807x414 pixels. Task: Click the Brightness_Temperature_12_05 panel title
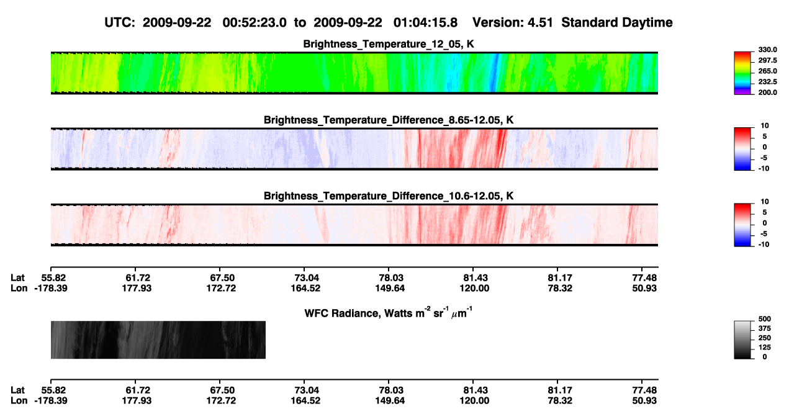[389, 44]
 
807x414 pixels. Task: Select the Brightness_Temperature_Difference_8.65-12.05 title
[389, 120]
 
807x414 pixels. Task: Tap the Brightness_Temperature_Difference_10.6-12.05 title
[389, 196]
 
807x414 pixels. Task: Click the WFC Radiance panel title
[389, 313]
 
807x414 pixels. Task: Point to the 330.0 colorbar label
[767, 50]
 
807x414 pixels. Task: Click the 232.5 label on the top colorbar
[767, 82]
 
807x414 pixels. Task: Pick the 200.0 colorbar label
[767, 92]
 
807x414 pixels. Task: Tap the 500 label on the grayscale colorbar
[765, 319]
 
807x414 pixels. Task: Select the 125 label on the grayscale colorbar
[765, 348]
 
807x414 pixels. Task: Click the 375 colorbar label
[765, 328]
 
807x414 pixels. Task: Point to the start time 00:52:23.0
[255, 22]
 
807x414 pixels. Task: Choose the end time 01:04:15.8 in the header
[425, 22]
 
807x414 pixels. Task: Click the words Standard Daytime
[617, 22]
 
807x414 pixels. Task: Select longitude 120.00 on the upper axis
[474, 288]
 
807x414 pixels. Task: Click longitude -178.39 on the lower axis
[51, 401]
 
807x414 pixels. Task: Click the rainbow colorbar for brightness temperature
[742, 73]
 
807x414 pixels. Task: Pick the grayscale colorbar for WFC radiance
[742, 340]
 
